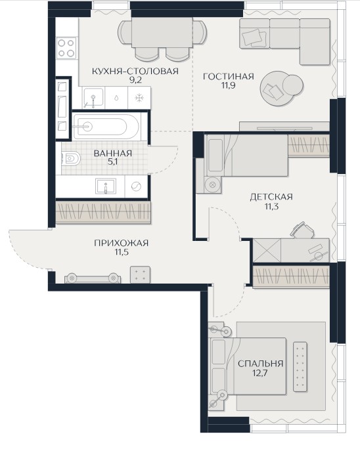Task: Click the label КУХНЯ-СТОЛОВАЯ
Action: [135, 71]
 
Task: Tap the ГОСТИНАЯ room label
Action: [229, 77]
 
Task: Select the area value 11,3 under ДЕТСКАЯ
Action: [271, 206]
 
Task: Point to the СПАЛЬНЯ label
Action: [260, 364]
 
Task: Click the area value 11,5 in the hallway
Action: [121, 252]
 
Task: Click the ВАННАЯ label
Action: [113, 154]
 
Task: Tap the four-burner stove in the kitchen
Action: [66, 48]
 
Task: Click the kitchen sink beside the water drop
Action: [93, 98]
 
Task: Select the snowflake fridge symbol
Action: [139, 98]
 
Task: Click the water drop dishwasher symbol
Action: [116, 98]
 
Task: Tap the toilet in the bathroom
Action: [70, 159]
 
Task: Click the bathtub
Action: [106, 127]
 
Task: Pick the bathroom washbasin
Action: [106, 186]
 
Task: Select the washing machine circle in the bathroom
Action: [136, 186]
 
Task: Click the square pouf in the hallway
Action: [140, 274]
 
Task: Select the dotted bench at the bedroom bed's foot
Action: [300, 366]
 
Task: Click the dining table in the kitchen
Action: [162, 33]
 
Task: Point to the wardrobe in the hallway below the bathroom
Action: [103, 213]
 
